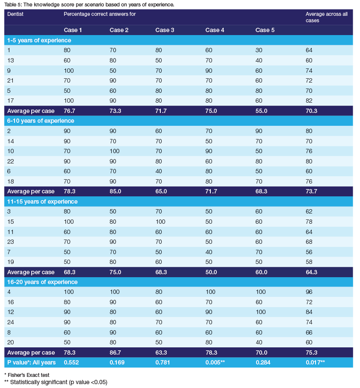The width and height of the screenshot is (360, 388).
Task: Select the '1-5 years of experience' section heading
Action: pyautogui.click(x=38, y=40)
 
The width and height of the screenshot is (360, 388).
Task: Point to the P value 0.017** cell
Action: pyautogui.click(x=316, y=363)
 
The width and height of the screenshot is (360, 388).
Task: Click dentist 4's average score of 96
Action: pyautogui.click(x=309, y=292)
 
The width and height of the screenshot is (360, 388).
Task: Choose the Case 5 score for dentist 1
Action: pyautogui.click(x=259, y=50)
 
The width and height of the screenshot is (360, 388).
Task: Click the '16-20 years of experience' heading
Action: pyautogui.click(x=42, y=282)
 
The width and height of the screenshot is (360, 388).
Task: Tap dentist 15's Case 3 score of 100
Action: pyautogui.click(x=160, y=222)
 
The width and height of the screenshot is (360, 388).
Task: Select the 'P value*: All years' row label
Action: pyautogui.click(x=30, y=363)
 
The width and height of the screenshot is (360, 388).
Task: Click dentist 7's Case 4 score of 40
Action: pyautogui.click(x=209, y=252)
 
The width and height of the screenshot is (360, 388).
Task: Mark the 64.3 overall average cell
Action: pyautogui.click(x=312, y=272)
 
